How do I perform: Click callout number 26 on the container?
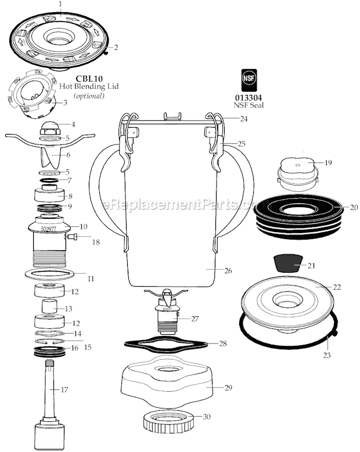[x=228, y=270]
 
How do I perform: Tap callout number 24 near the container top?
[x=243, y=118]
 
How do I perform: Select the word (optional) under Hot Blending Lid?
[x=88, y=95]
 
